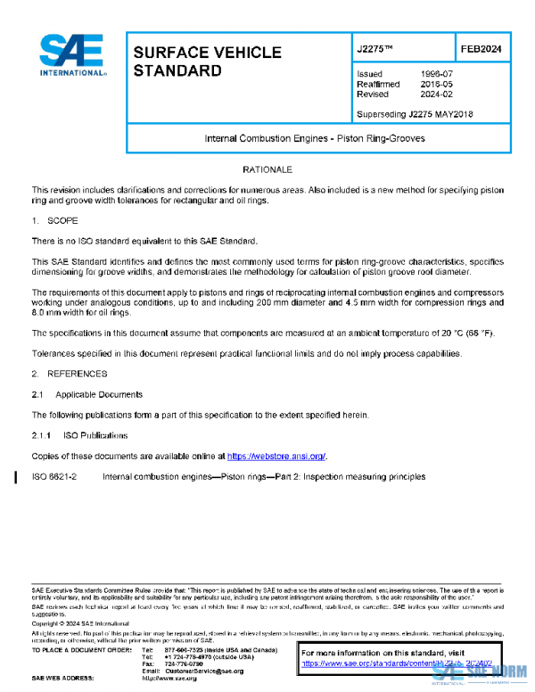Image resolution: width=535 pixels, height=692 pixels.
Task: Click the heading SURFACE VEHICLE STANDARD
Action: pos(207,62)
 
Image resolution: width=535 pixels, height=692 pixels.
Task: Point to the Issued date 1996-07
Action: pos(435,74)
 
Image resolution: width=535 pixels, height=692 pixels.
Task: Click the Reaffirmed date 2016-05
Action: pos(435,84)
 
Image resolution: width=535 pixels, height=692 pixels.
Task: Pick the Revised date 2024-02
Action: pos(435,94)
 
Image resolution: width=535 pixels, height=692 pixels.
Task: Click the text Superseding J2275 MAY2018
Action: pos(415,114)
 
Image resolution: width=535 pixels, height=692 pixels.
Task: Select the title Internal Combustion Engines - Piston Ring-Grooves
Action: pos(315,139)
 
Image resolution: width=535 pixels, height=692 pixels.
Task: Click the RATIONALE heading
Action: pos(267,169)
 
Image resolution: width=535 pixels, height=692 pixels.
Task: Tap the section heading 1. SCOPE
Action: pos(55,219)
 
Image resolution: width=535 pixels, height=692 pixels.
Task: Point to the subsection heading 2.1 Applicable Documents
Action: pos(86,394)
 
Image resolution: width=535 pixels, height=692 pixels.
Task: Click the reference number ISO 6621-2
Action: pos(54,477)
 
